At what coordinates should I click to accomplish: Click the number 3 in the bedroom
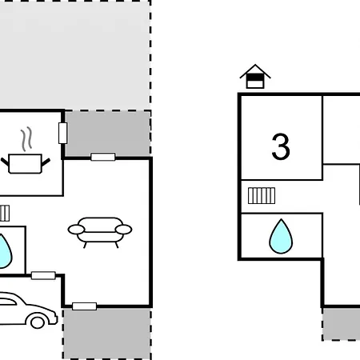281,146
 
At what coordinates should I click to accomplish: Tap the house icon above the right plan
255,77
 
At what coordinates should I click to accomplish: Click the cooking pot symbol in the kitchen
26,163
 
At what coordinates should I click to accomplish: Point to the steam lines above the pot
26,139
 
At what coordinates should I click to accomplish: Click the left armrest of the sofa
76,230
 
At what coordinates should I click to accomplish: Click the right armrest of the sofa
124,230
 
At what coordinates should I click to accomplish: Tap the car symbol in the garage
28,310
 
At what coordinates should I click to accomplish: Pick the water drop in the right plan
281,236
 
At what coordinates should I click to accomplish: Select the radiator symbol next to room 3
262,196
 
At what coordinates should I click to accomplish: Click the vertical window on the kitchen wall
62,133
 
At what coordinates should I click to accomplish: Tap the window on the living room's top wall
103,157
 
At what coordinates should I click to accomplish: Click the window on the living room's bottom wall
84,306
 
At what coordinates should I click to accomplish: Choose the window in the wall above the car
43,275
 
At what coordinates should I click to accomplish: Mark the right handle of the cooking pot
46,162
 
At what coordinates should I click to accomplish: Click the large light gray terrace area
75,54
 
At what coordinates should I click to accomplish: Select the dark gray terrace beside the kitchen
108,133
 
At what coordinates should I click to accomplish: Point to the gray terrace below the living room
107,334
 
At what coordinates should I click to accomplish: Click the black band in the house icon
255,77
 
